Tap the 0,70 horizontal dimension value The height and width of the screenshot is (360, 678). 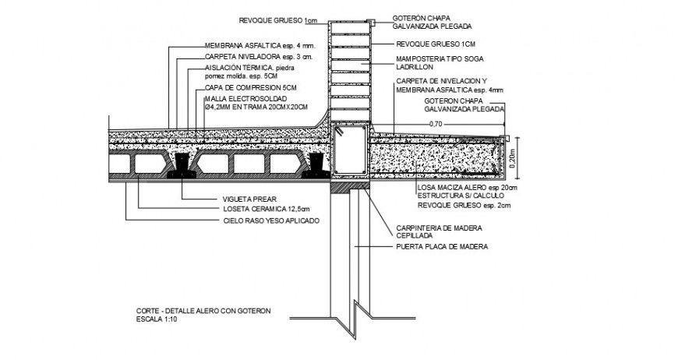(x=436, y=124)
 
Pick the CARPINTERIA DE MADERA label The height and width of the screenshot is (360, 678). (x=440, y=228)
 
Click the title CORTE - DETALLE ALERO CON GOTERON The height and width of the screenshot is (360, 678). (x=203, y=311)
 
